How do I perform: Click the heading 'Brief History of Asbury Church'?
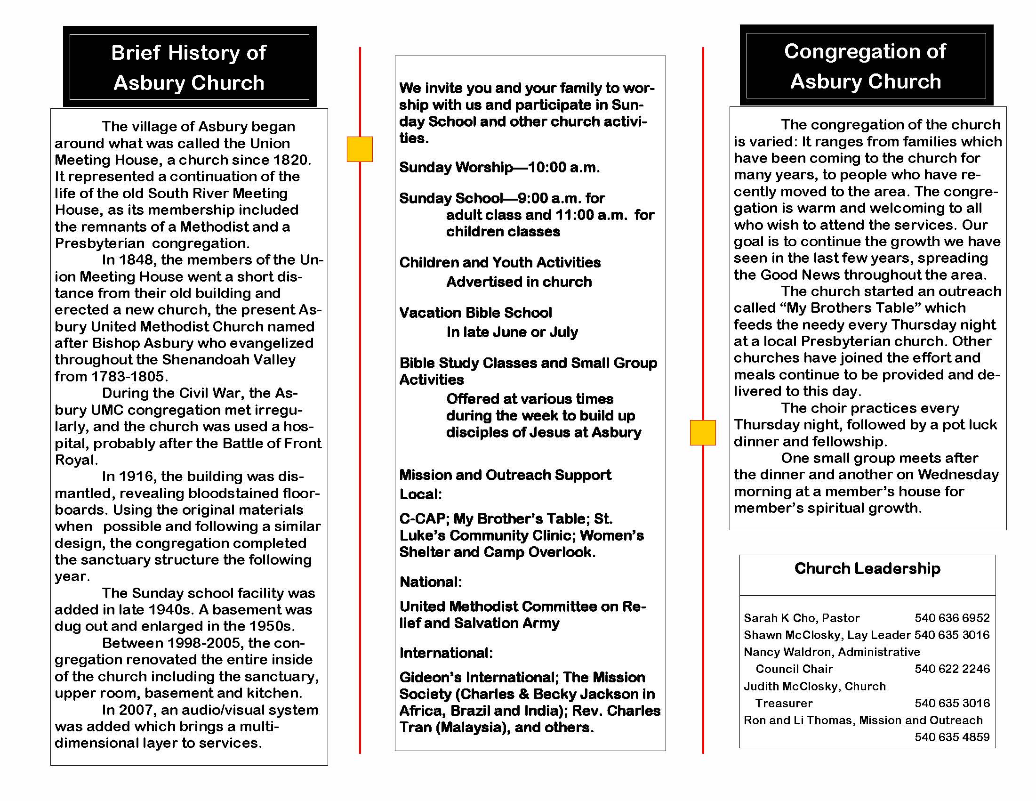pos(189,67)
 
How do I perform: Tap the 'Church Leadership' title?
pos(867,568)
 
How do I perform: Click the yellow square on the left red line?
pos(360,149)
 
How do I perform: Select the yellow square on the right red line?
pos(703,432)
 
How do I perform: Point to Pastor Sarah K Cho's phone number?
pos(952,618)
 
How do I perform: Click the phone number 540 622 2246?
pos(952,669)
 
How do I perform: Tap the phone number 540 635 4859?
pos(952,737)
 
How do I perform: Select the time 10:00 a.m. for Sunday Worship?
pos(563,168)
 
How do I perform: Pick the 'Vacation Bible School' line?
pos(475,313)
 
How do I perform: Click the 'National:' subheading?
pos(431,582)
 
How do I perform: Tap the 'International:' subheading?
pos(446,653)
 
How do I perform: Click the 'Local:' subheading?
pos(420,494)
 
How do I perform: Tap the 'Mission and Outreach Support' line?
pos(505,475)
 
